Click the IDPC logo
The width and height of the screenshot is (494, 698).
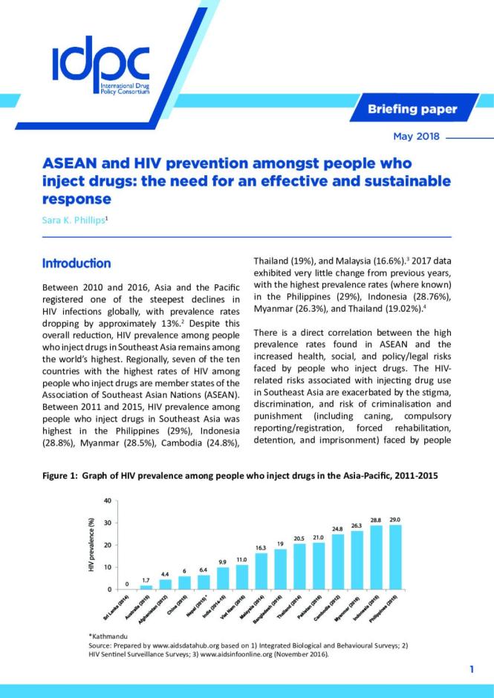click(100, 65)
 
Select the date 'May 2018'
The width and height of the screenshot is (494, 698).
click(415, 137)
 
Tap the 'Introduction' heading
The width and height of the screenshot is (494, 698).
click(77, 264)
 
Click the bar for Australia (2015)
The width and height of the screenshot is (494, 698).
click(146, 587)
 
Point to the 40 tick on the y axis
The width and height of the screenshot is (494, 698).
click(108, 501)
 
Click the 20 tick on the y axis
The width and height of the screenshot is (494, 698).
click(108, 545)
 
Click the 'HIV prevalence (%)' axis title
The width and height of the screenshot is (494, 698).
click(91, 545)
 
